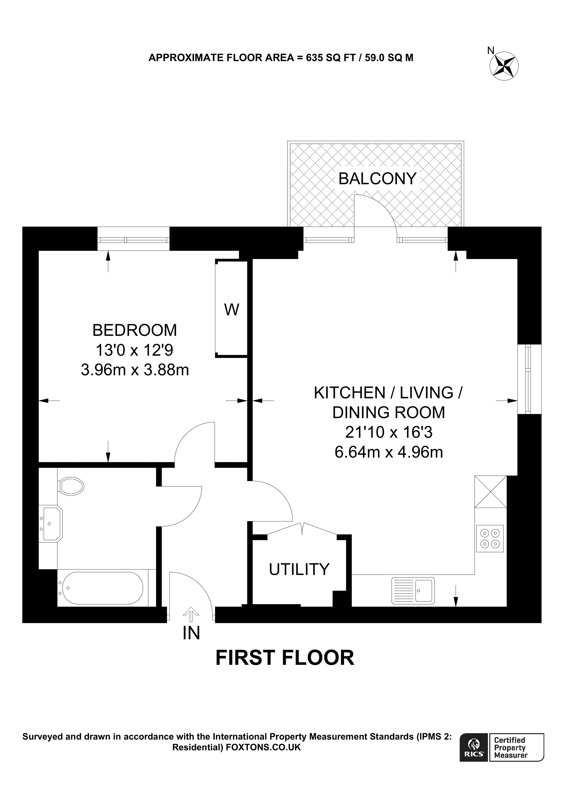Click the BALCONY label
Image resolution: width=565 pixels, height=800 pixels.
point(377,179)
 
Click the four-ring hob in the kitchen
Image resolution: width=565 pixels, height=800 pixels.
point(490,538)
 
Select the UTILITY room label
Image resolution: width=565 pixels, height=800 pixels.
point(299,569)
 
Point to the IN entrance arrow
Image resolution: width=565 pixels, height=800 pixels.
point(191,615)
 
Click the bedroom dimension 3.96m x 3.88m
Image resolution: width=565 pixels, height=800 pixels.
point(135,370)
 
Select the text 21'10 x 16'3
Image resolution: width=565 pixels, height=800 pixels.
point(389,433)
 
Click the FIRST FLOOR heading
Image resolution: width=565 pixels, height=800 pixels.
point(285,658)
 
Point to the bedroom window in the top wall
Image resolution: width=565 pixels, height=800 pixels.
point(133,239)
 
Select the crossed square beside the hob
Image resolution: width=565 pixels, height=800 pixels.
point(491,492)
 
